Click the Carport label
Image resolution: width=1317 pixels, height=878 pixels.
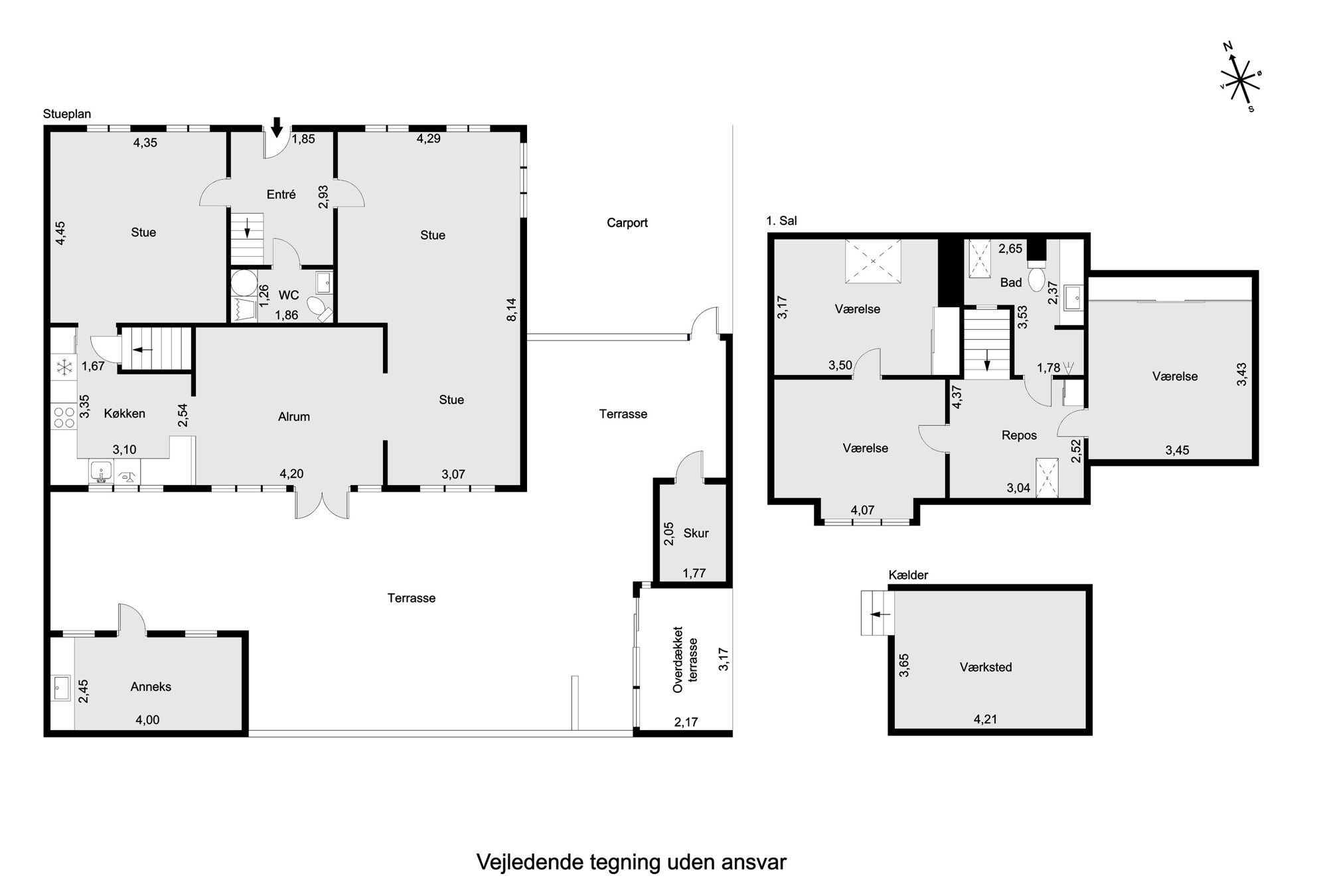tap(627, 223)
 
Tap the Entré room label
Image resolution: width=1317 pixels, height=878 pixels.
tap(281, 194)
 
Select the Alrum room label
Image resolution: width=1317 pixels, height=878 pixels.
tap(293, 417)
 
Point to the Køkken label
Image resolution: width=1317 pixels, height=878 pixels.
tap(125, 413)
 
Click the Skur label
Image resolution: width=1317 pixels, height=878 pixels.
tap(696, 533)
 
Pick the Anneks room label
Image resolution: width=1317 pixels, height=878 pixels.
tap(151, 687)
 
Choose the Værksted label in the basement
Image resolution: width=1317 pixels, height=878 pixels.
tap(986, 667)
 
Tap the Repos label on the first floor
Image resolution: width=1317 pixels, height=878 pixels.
tap(1019, 435)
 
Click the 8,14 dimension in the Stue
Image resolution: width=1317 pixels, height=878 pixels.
tap(511, 309)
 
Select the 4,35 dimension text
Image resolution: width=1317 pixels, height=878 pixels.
tap(145, 142)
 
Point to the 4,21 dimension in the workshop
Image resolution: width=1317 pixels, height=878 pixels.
tap(985, 719)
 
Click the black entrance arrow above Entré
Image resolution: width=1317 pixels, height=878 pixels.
tap(277, 126)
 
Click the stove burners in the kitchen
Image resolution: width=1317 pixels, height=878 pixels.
tap(64, 417)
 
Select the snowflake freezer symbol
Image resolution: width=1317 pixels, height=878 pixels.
tap(64, 367)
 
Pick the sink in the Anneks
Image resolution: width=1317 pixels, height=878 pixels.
tap(62, 688)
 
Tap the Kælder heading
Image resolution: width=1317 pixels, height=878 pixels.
tap(908, 575)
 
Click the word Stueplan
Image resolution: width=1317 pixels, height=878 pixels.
tap(67, 114)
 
